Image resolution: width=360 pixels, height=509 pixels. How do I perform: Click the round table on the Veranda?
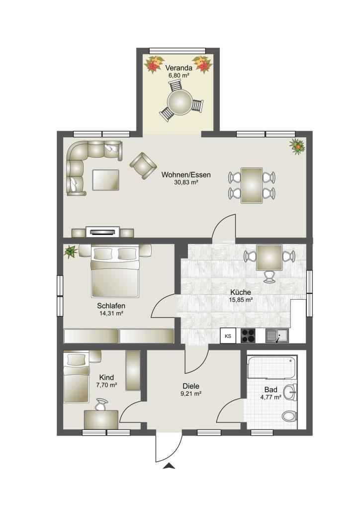pos(179,102)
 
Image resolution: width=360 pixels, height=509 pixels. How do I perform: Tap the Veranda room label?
pos(179,68)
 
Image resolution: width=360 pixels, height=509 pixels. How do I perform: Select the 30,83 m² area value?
pos(186,183)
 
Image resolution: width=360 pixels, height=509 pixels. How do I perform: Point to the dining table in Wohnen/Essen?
pos(252,185)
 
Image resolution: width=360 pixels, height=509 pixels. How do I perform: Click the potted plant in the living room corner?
pos(298,146)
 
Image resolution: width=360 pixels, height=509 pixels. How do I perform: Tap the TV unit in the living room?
pos(103,232)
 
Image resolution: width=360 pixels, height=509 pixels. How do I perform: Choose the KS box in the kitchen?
pos(228,336)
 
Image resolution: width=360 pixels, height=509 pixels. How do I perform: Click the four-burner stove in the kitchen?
pos(248,336)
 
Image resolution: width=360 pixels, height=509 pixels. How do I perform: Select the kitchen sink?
pos(277,336)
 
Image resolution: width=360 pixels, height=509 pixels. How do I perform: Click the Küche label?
pos(240,292)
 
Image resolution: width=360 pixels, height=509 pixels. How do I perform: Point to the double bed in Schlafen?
pos(114,271)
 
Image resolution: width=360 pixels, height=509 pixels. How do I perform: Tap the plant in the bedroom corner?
pos(70,252)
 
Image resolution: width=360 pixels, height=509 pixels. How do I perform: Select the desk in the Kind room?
pos(101,419)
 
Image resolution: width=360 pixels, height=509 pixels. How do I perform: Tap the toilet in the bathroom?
pos(288,416)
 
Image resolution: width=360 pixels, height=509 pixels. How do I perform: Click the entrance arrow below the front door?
pos(170,466)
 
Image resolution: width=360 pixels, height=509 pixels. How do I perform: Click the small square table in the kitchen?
pos(269,257)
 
